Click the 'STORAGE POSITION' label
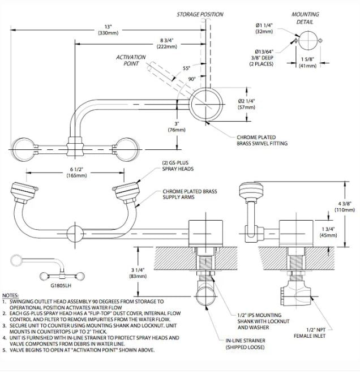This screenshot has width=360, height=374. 200,14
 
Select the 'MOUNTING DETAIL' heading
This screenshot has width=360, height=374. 305,18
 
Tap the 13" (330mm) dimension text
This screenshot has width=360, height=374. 108,30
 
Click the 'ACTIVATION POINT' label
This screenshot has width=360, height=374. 131,61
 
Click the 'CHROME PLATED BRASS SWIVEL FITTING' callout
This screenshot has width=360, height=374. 262,140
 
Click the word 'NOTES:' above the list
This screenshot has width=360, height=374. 10,295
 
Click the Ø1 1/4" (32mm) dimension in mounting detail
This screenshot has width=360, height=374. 265,28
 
